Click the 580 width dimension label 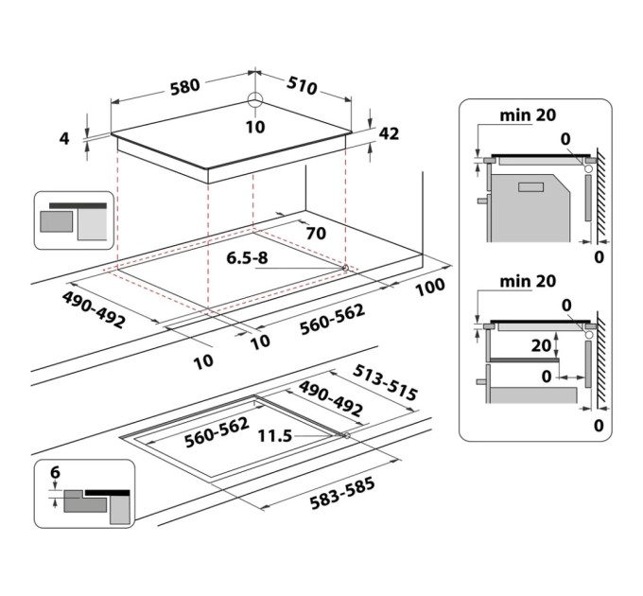coord(184,86)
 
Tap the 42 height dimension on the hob coord(389,133)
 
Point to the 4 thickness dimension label coord(64,139)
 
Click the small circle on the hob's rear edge coord(254,101)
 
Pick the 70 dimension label coord(316,232)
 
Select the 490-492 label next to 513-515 coord(331,400)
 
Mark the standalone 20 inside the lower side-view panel coord(541,346)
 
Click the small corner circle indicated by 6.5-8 coord(346,269)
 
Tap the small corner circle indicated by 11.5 coord(348,436)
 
